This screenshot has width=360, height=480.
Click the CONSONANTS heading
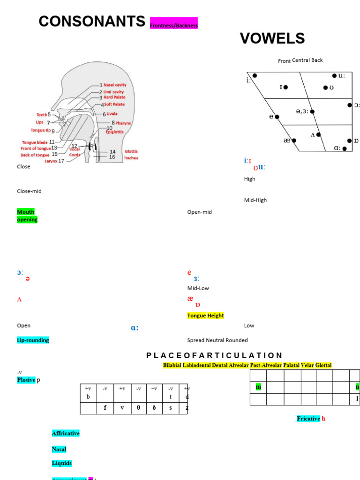click(x=92, y=21)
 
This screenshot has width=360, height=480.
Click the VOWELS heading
click(x=272, y=38)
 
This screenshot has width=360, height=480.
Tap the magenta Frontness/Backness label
click(x=174, y=25)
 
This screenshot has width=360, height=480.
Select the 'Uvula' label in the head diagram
click(x=112, y=114)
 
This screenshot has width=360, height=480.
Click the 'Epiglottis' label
click(x=114, y=132)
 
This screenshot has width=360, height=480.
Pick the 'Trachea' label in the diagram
click(x=131, y=158)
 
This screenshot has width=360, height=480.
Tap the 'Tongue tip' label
click(x=41, y=130)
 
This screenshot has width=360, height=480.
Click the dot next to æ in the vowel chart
click(x=294, y=140)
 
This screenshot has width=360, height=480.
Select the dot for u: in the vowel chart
click(x=334, y=75)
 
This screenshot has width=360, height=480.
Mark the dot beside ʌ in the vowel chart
click(x=318, y=135)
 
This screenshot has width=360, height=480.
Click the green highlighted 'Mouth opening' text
click(x=27, y=216)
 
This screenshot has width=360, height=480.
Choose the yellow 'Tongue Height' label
click(x=205, y=315)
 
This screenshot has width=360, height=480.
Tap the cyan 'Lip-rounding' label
click(x=33, y=340)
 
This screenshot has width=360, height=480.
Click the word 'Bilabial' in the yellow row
click(x=172, y=365)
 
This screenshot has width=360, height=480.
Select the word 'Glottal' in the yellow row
click(x=323, y=365)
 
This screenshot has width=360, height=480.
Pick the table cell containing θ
click(x=138, y=408)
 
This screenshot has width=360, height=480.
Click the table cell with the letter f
click(x=105, y=408)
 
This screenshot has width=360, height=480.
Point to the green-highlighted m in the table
click(x=258, y=387)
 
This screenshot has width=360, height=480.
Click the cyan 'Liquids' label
click(x=62, y=463)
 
